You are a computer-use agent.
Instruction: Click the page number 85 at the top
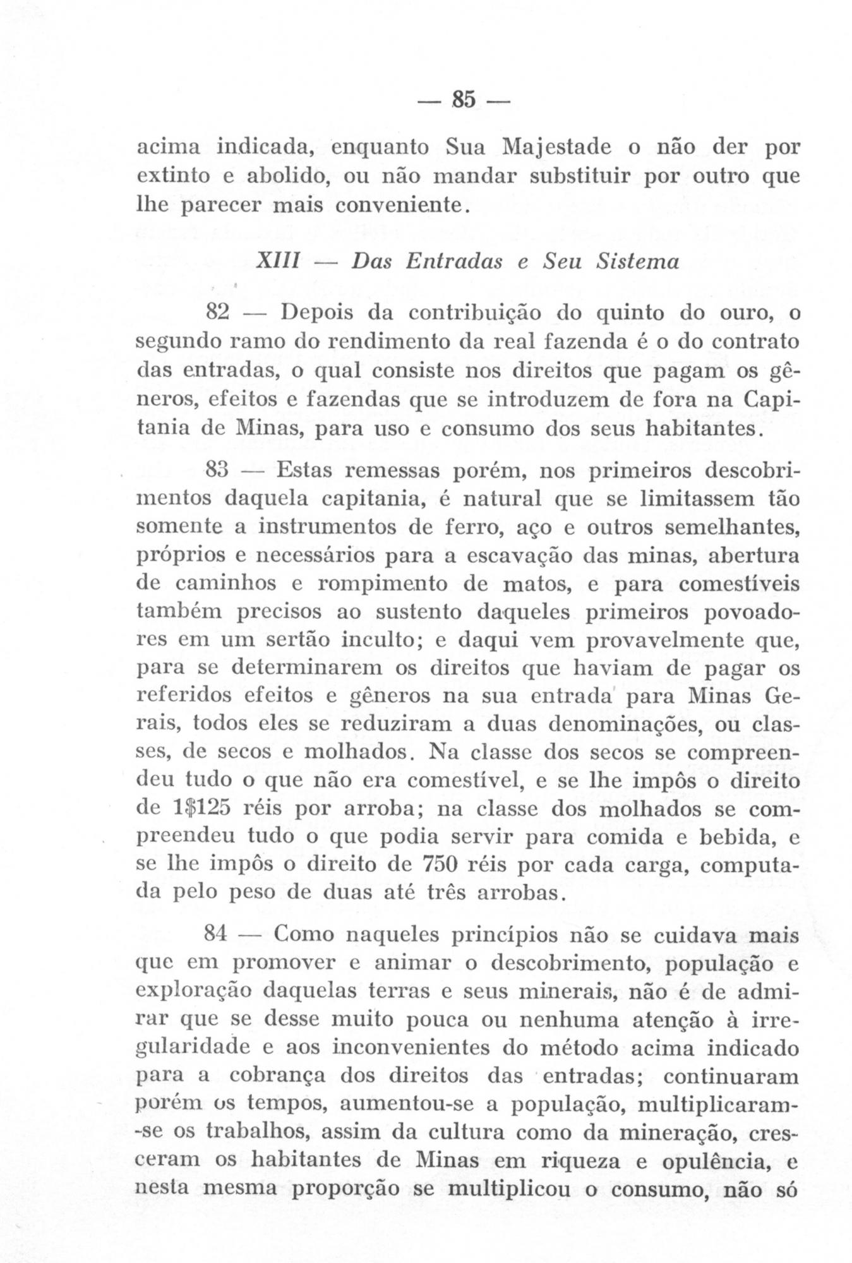(x=464, y=100)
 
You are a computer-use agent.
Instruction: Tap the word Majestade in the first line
(x=558, y=147)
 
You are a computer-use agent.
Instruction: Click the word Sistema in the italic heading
(x=637, y=261)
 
